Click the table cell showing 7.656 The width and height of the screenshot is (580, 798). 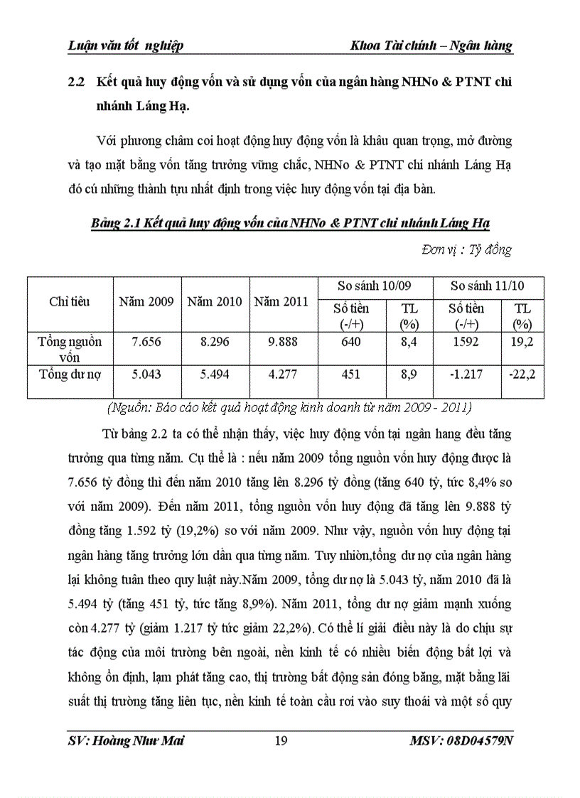(146, 342)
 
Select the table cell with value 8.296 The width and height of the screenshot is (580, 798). (215, 342)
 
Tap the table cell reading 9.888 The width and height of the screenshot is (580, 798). (282, 342)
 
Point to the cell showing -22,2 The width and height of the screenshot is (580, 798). (522, 374)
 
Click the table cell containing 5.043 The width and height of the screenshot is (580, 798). (146, 374)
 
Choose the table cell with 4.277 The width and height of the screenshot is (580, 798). (282, 374)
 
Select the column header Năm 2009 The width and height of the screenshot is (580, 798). (146, 301)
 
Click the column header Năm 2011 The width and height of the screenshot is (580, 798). (282, 301)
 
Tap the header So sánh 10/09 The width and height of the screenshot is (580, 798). (375, 286)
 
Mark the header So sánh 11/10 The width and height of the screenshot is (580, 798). (488, 286)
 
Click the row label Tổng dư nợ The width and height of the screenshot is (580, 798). (70, 374)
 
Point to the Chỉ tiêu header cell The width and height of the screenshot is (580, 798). (70, 301)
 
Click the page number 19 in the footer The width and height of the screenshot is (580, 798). (281, 742)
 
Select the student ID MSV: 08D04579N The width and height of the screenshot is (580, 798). (461, 742)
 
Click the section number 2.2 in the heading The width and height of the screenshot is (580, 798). (76, 82)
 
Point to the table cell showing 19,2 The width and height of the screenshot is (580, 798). (522, 342)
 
